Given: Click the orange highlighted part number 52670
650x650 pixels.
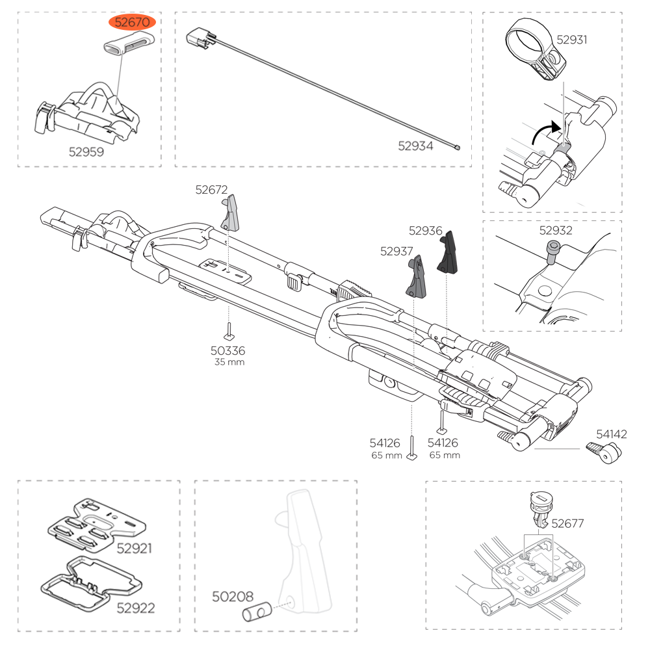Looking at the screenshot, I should point(133,22).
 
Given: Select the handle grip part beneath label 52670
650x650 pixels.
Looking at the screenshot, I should point(128,47).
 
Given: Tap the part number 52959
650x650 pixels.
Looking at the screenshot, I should point(86,151).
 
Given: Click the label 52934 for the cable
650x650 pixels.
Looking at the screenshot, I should point(415,146).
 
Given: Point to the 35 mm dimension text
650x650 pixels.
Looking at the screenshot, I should point(229,362).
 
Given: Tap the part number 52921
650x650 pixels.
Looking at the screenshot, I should point(135,548).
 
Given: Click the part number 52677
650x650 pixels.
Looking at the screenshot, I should point(568,522).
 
